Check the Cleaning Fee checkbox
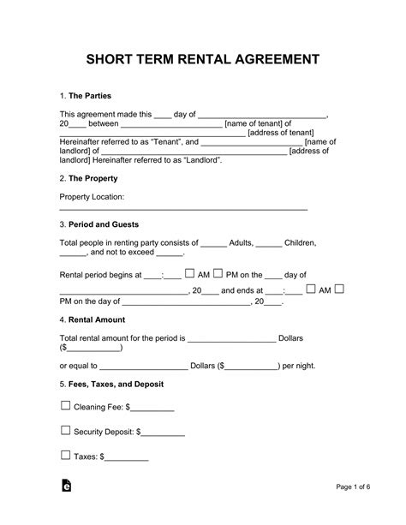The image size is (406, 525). (x=65, y=406)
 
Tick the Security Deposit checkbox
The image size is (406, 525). (x=65, y=431)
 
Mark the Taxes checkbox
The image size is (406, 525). (x=65, y=456)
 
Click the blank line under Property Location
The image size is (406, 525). (x=182, y=210)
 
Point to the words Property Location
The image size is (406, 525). (x=92, y=197)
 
